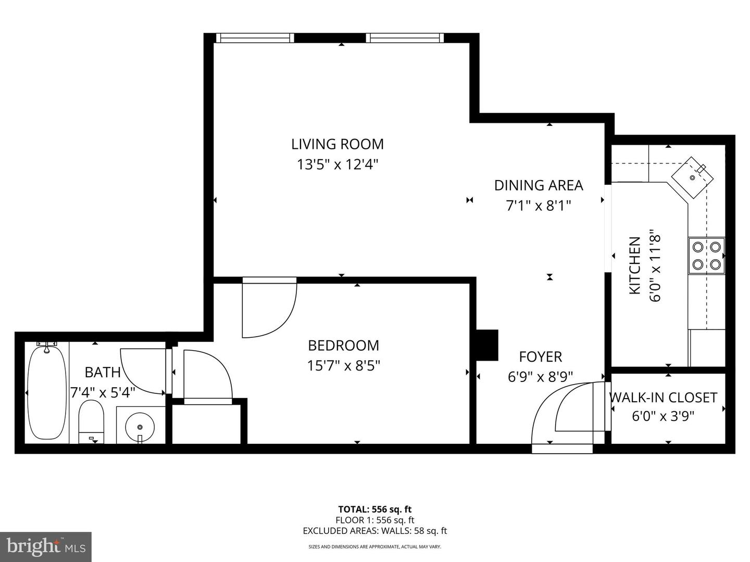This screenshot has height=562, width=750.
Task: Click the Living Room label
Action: click(x=337, y=144)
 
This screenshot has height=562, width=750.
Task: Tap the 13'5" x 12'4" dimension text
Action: click(x=337, y=165)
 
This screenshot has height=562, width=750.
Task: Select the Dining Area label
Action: click(x=538, y=185)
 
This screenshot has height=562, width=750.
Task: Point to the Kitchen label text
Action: click(x=635, y=265)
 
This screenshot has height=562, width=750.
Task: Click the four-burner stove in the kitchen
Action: click(x=706, y=256)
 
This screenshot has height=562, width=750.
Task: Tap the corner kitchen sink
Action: click(x=691, y=177)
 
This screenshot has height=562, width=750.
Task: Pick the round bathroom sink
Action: click(x=140, y=427)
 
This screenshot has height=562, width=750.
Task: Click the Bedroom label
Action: click(x=343, y=346)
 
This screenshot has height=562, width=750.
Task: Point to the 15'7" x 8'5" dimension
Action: click(x=343, y=366)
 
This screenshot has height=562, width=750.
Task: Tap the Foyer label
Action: click(x=540, y=357)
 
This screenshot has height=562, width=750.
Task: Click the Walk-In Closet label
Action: click(x=663, y=398)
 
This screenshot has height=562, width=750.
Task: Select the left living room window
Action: click(x=255, y=37)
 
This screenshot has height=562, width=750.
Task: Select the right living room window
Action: click(x=405, y=37)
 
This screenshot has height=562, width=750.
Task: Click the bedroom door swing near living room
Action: click(x=268, y=307)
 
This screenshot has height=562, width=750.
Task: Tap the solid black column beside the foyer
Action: click(x=487, y=344)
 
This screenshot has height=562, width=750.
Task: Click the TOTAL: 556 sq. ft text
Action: click(x=374, y=509)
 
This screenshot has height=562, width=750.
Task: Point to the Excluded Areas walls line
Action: click(x=374, y=531)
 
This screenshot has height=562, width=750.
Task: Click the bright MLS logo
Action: click(x=45, y=546)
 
